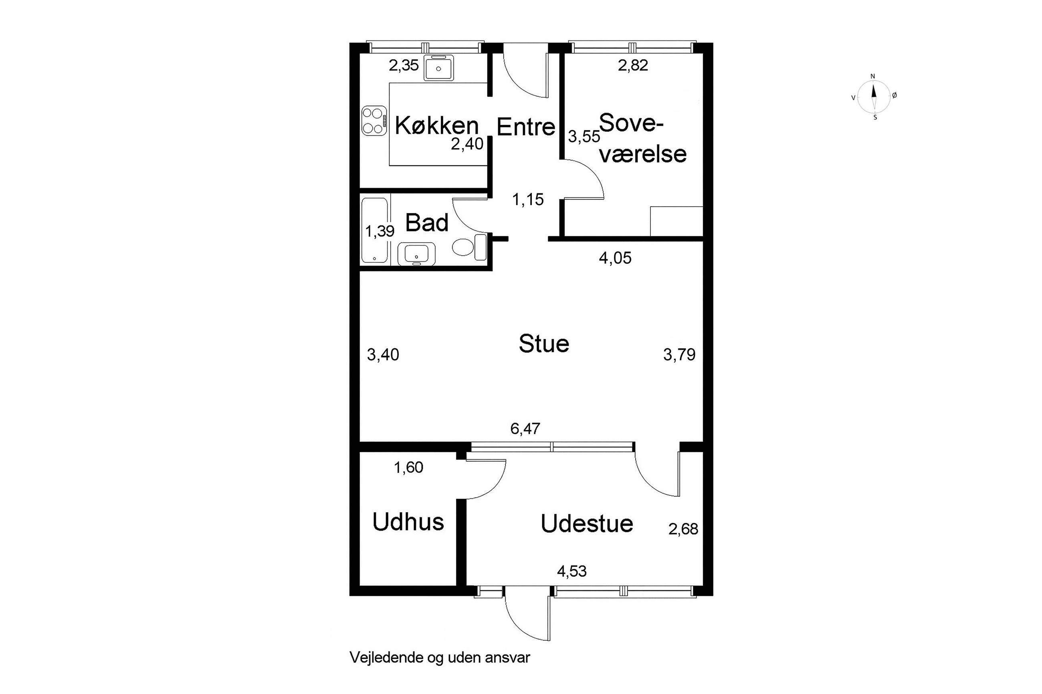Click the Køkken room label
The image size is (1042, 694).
tap(437, 125)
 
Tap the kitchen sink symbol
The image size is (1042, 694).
tap(438, 68)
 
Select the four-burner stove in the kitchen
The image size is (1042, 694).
tap(374, 121)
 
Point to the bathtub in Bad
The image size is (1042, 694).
tap(375, 230)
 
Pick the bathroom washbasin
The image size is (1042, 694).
tap(416, 254)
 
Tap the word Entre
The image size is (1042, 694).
tap(526, 127)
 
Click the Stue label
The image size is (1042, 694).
tap(544, 344)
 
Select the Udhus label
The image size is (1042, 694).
tap(408, 522)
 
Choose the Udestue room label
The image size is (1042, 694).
tap(587, 523)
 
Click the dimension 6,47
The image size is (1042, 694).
tap(525, 428)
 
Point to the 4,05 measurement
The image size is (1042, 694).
tap(615, 257)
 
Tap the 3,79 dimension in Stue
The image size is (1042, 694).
tap(679, 354)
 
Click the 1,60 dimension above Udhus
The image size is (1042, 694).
tap(408, 467)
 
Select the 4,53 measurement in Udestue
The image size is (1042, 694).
tap(572, 571)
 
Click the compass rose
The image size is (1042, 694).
tap(874, 97)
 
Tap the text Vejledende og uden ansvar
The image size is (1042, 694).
tap(440, 670)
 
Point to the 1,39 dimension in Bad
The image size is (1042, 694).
tap(380, 231)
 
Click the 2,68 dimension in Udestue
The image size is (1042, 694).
tap(683, 529)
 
